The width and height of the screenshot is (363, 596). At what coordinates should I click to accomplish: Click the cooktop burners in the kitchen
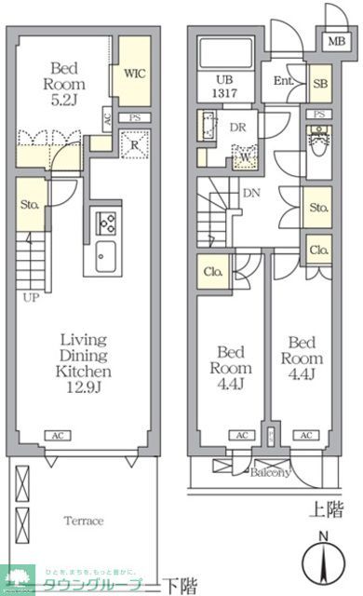click(104, 223)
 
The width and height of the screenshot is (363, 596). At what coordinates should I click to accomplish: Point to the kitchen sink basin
click(104, 253)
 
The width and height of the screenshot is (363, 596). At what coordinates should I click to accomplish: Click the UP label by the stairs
click(31, 300)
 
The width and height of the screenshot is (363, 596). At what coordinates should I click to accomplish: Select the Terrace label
click(83, 521)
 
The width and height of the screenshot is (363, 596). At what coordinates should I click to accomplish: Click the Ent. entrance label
click(284, 81)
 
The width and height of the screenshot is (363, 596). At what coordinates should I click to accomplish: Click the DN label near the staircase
click(251, 193)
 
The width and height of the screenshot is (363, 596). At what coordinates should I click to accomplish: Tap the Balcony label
click(269, 472)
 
